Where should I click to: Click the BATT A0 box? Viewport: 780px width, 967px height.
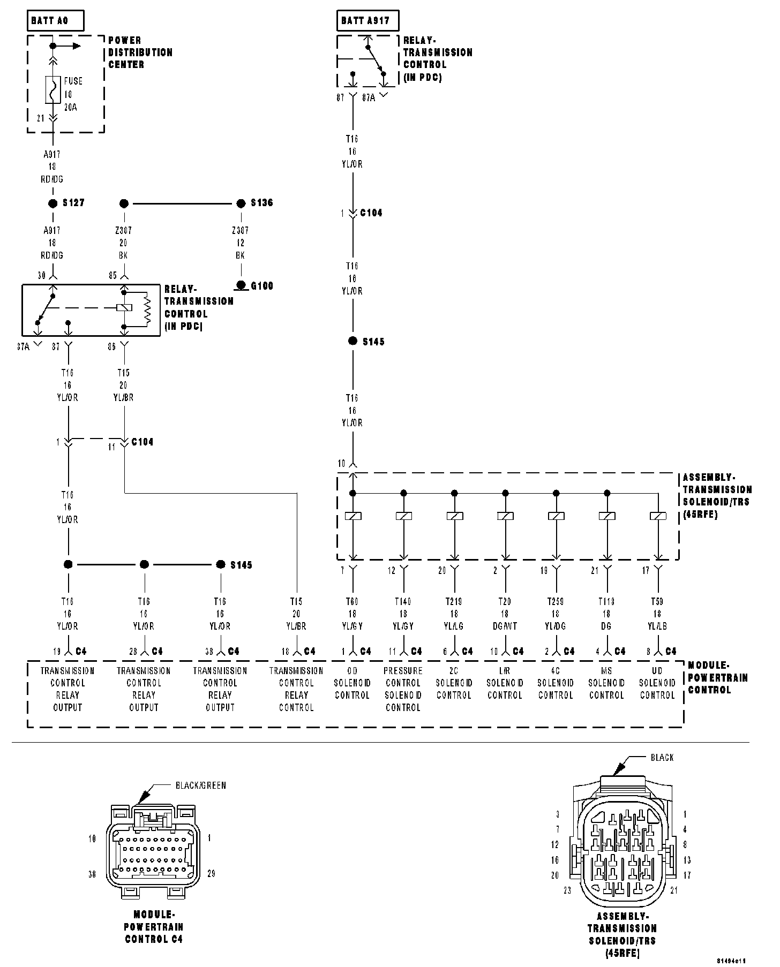tap(56, 21)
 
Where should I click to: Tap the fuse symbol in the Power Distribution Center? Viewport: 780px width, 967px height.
tap(52, 89)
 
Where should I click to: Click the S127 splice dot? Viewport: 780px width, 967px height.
tap(52, 203)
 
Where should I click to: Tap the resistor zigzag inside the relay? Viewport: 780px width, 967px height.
tap(146, 309)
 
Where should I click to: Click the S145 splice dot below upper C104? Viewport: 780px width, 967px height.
tap(352, 341)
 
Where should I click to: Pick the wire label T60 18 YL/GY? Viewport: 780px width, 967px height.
tap(352, 614)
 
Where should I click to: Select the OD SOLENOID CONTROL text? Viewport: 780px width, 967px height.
tap(352, 683)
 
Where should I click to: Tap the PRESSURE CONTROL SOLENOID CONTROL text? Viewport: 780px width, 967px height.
tap(403, 689)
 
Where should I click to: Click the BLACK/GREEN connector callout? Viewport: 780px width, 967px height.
tap(201, 785)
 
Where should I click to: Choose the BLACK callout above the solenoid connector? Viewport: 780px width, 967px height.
tap(662, 758)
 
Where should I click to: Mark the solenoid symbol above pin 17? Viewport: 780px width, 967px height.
tap(658, 516)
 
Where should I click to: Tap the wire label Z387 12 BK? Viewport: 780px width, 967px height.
tap(241, 243)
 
